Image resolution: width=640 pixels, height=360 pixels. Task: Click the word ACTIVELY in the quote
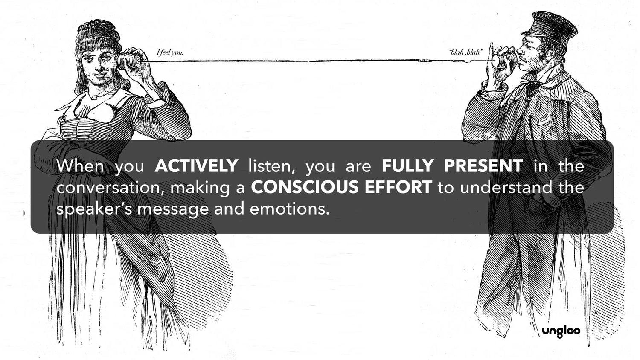coord(196,165)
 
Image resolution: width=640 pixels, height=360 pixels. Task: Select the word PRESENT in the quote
coord(483,165)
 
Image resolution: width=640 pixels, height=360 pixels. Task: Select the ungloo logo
coord(561,331)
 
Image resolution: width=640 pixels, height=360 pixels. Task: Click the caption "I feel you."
coord(170,53)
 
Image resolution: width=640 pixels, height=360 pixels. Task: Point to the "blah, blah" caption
coord(466,53)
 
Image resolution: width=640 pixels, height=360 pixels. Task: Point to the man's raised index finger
coord(491,49)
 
